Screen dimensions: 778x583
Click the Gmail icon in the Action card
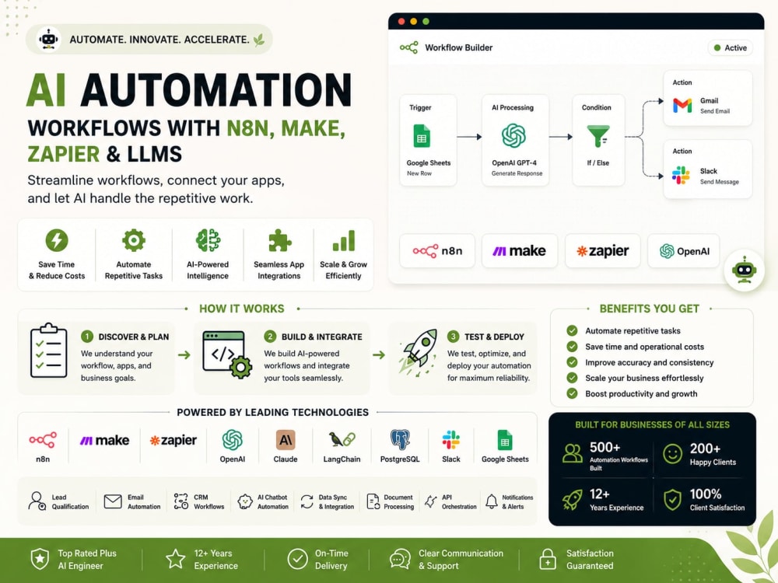682,105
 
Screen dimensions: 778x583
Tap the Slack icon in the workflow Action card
681,176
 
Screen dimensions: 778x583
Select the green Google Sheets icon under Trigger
422,136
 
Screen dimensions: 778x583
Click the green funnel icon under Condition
598,136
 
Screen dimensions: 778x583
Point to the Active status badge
730,48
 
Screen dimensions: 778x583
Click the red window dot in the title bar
401,21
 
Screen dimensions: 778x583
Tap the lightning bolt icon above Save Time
57,240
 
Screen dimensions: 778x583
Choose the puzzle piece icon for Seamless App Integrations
279,241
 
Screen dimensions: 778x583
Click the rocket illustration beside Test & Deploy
419,351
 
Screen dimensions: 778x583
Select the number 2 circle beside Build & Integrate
270,337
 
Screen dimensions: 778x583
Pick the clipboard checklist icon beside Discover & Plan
48,351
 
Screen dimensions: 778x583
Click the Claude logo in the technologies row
286,440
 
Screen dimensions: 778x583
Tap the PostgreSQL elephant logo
400,440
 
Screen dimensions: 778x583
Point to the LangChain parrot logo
342,440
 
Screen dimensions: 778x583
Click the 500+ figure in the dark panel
605,448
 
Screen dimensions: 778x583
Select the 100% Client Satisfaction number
706,494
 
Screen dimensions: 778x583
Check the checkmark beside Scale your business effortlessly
572,378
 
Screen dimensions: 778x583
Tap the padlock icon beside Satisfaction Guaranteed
547,559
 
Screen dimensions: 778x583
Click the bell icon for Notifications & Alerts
491,501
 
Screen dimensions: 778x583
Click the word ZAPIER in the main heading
64,154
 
